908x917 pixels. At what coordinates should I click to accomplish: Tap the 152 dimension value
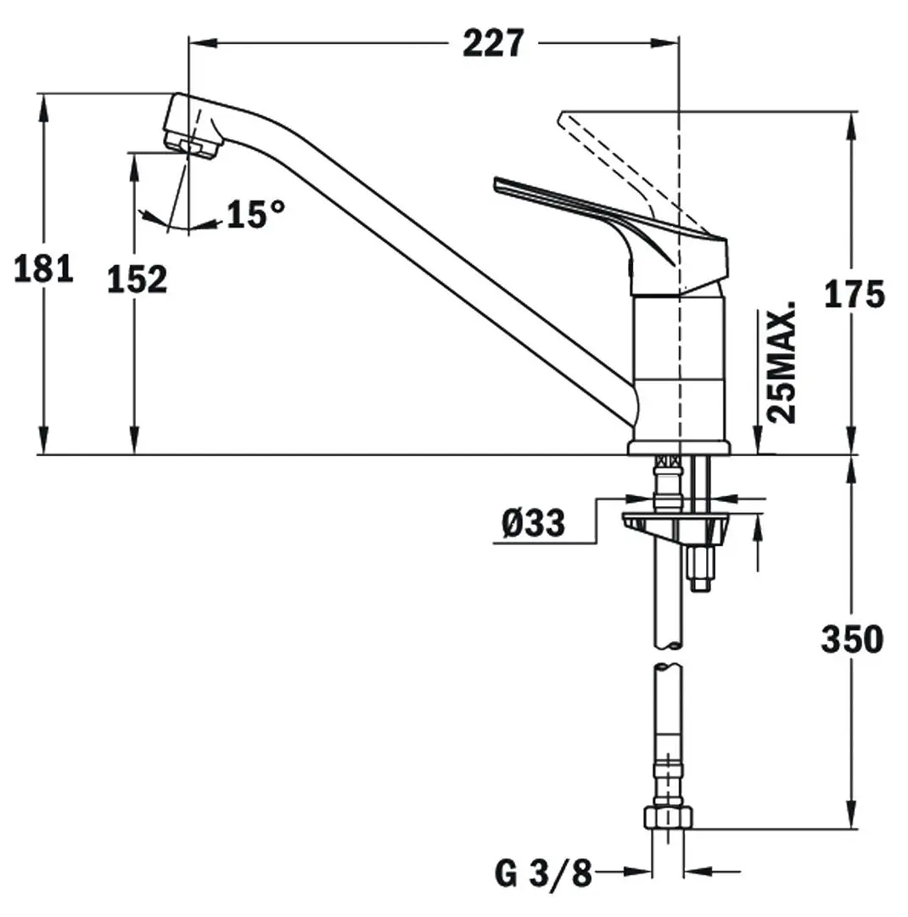click(137, 278)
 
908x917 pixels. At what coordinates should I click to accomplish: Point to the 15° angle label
click(255, 214)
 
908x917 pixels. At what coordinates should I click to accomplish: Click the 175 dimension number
click(855, 294)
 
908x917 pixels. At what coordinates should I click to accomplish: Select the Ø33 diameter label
click(533, 524)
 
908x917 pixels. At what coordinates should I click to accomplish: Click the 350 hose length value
click(852, 639)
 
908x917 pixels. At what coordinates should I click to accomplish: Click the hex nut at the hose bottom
click(669, 817)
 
